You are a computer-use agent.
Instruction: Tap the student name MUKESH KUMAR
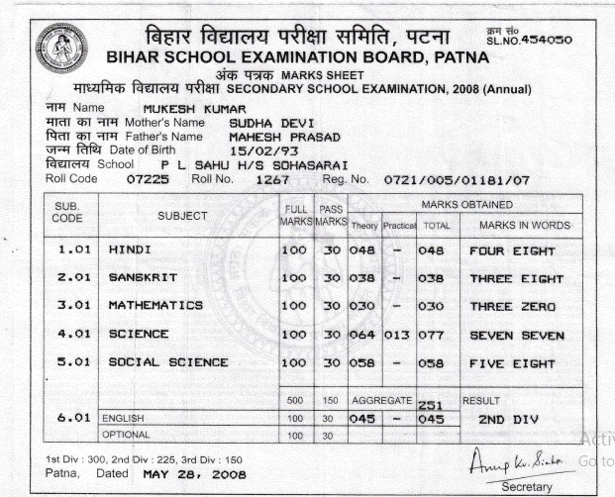click(x=187, y=107)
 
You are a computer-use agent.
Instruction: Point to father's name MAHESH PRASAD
click(x=283, y=136)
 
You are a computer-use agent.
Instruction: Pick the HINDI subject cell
click(x=130, y=250)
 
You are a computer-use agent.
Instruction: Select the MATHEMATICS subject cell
click(x=155, y=306)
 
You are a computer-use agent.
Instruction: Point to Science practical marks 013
click(x=397, y=335)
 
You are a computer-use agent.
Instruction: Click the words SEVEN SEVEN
click(x=517, y=336)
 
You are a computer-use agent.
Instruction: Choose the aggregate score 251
click(x=428, y=405)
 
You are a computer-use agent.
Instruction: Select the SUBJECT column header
click(x=182, y=216)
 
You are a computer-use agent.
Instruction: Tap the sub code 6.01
click(x=75, y=419)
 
